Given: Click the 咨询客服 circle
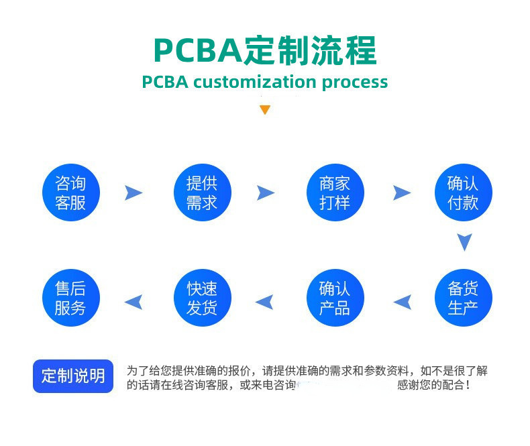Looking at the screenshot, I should [x=70, y=192].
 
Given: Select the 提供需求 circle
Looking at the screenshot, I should [x=202, y=192].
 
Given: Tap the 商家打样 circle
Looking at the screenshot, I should [x=334, y=192].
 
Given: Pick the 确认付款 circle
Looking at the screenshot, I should [x=463, y=192].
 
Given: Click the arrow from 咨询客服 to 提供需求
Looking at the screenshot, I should [x=134, y=193].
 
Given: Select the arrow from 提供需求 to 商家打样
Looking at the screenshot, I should [x=266, y=193].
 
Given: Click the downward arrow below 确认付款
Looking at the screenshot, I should [x=464, y=242].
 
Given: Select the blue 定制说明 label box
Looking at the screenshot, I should [x=73, y=376].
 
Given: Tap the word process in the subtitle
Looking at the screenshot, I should [x=354, y=82].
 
